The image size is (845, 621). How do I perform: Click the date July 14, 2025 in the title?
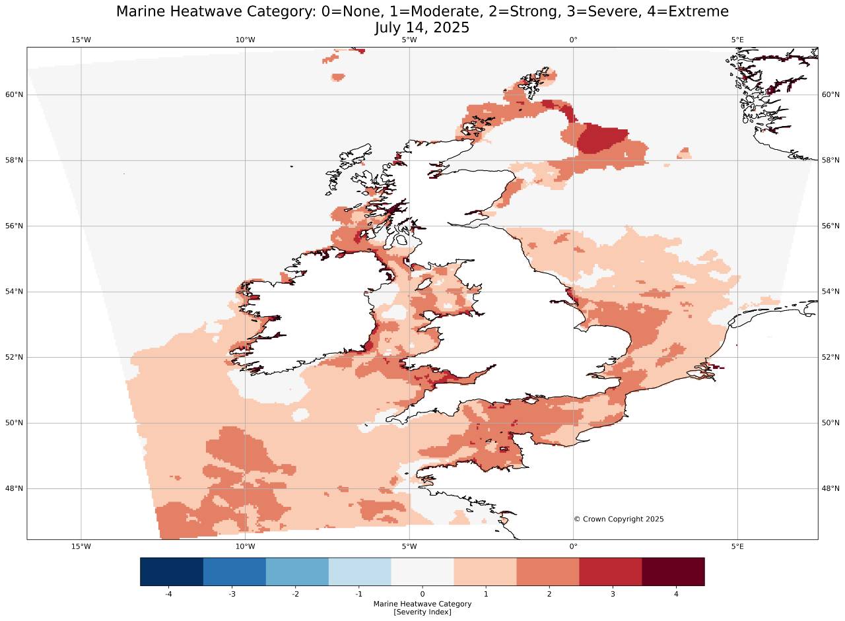pyautogui.click(x=422, y=28)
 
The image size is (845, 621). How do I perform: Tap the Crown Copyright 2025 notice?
pyautogui.click(x=619, y=519)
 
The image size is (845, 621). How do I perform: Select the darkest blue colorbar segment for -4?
pyautogui.click(x=172, y=572)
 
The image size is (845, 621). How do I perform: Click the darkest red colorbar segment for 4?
pyautogui.click(x=673, y=572)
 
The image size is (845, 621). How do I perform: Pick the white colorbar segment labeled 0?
pyautogui.click(x=422, y=572)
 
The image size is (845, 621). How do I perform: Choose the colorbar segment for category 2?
pyautogui.click(x=547, y=572)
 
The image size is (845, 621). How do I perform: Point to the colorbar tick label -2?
pyautogui.click(x=295, y=594)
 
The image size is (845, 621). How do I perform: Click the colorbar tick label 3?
pyautogui.click(x=613, y=594)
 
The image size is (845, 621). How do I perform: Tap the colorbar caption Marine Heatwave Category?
pyautogui.click(x=422, y=604)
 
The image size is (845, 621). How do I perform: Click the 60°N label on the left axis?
pyautogui.click(x=15, y=95)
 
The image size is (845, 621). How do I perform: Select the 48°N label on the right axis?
pyautogui.click(x=830, y=489)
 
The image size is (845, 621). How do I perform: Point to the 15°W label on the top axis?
pyautogui.click(x=81, y=40)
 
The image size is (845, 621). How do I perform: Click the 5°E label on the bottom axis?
pyautogui.click(x=737, y=546)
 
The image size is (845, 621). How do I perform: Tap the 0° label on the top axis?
pyautogui.click(x=573, y=40)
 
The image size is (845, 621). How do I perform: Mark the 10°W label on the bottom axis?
pyautogui.click(x=245, y=546)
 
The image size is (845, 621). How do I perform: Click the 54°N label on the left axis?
pyautogui.click(x=15, y=292)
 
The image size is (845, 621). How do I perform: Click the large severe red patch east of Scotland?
pyautogui.click(x=601, y=139)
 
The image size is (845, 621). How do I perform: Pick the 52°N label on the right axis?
pyautogui.click(x=830, y=358)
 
